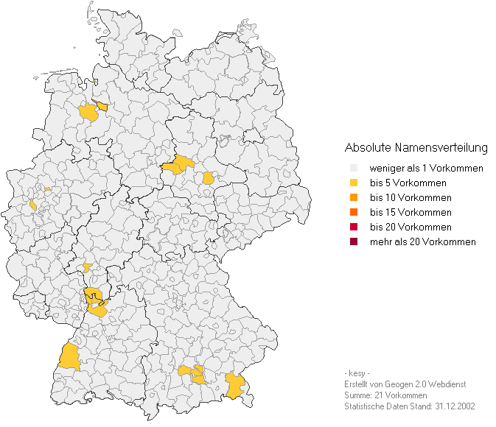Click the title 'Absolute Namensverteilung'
416,148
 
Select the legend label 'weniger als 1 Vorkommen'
426,169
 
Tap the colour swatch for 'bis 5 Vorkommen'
353,183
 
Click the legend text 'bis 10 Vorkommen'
411,198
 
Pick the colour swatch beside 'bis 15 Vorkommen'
353,213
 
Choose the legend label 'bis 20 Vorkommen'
411,227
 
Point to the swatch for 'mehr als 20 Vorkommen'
353,242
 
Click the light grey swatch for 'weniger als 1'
353,169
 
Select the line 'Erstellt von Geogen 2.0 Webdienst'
405,384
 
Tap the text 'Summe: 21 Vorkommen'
385,395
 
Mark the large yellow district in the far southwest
70,356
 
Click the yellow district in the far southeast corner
235,385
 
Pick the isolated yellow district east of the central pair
209,177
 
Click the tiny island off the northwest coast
35,77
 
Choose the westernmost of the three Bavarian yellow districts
184,370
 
